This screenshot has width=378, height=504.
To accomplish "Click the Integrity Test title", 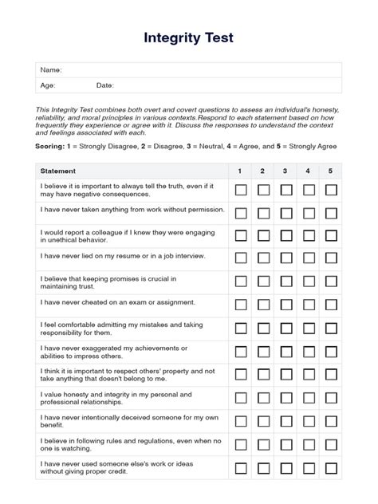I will pyautogui.click(x=188, y=37).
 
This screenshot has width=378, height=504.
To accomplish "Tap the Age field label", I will pyautogui.click(x=48, y=85).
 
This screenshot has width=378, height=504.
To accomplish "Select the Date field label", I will pyautogui.click(x=105, y=85).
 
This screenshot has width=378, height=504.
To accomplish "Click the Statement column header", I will pyautogui.click(x=58, y=171).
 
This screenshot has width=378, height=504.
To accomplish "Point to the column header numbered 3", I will pyautogui.click(x=285, y=171).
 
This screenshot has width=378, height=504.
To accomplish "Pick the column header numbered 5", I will pyautogui.click(x=331, y=171).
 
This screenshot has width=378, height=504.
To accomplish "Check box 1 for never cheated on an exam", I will pyautogui.click(x=240, y=304).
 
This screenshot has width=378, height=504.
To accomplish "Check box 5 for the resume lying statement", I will pyautogui.click(x=331, y=258).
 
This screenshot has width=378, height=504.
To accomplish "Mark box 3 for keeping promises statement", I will pyautogui.click(x=285, y=281).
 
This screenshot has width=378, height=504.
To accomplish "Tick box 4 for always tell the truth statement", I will pyautogui.click(x=309, y=190).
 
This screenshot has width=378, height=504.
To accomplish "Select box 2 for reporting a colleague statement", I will pyautogui.click(x=263, y=235).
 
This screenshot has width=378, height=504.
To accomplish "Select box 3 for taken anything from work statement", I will pyautogui.click(x=285, y=213).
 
